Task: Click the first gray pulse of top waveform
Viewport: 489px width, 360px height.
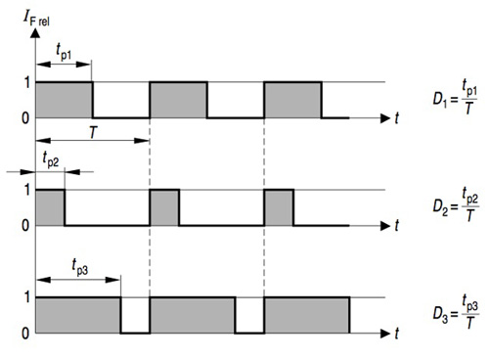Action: [x=64, y=100]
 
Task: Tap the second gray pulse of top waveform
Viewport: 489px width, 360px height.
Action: [x=178, y=100]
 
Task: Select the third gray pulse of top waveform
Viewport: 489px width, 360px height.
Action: [x=292, y=100]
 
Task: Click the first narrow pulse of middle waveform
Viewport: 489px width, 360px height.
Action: [x=50, y=207]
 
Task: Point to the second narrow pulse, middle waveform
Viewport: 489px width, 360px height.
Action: [x=164, y=207]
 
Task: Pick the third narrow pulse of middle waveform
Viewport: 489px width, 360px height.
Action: [x=279, y=207]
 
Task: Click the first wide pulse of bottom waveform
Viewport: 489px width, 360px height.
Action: [x=77, y=315]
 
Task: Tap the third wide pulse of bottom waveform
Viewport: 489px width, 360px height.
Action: [x=306, y=315]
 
